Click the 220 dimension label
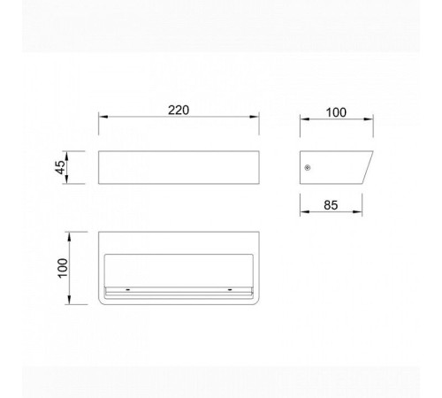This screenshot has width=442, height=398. point(179,111)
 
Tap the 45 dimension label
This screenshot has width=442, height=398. point(60,167)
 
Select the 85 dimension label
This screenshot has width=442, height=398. point(331,205)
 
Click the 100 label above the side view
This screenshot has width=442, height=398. point(336,112)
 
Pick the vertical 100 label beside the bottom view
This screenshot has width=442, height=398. point(63,268)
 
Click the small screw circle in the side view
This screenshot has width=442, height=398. point(308,168)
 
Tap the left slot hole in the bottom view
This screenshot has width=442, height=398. point(128,290)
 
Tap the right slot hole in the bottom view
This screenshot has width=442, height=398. point(230,290)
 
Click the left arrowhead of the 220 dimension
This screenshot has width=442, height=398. point(103,117)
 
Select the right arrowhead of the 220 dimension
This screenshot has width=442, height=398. point(255,117)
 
